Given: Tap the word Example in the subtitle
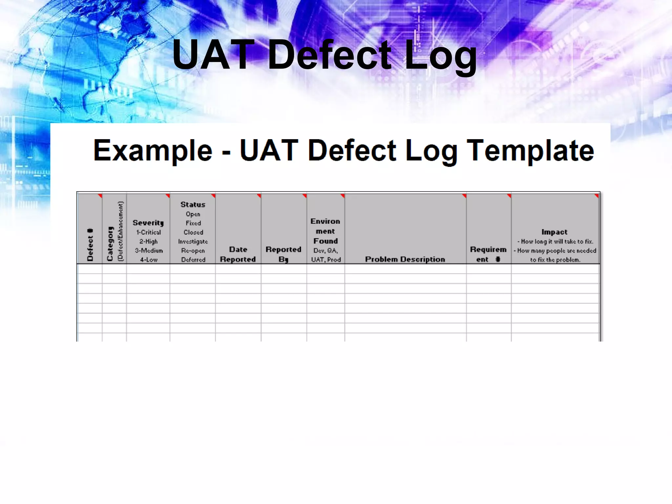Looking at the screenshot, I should pos(153,151).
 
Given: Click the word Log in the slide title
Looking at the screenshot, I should pos(440,55).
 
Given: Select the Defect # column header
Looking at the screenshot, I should pos(90,245).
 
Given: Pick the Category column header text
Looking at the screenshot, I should pos(110,243).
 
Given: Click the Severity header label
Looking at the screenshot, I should pos(148,223).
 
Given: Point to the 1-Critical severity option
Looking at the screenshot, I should pos(149,232).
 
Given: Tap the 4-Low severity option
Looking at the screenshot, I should pos(149,260).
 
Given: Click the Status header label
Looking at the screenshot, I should pos(193,204).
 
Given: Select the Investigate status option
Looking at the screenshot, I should pos(193,241).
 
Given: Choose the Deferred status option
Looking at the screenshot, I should pos(193,260).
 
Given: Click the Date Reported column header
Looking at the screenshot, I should pos(238,254).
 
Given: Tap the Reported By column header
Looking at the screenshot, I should pos(283,254).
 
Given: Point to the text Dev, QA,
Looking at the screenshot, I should pos(325,251).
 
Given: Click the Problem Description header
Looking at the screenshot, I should pos(405,259).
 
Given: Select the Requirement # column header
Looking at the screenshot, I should pos(488,254).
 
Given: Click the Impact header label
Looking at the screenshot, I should pos(555,232).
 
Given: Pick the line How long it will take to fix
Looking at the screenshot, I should pos(556,241).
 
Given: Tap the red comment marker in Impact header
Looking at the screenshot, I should pos(597,196).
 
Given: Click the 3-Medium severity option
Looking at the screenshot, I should pos(149,251).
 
